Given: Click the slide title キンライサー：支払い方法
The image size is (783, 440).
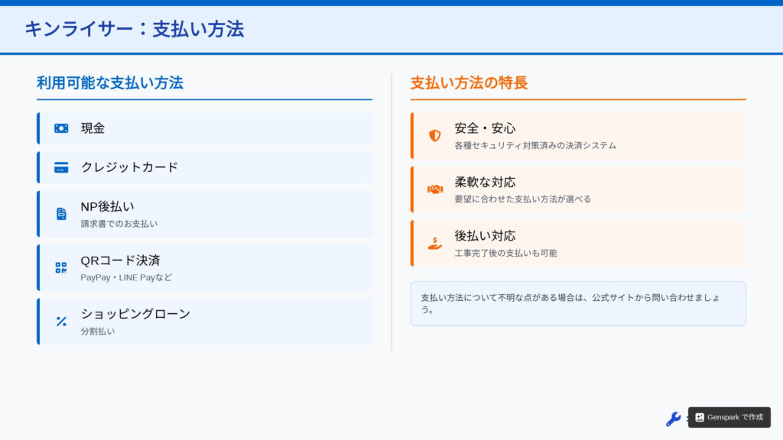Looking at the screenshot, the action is pyautogui.click(x=135, y=29).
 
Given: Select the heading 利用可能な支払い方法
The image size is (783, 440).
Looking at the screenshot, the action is pyautogui.click(x=110, y=82).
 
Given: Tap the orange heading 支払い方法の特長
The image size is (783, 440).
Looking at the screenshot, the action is pyautogui.click(x=469, y=82).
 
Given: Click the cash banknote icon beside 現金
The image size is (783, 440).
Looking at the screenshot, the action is pyautogui.click(x=61, y=128).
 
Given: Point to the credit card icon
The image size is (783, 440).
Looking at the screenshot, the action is pyautogui.click(x=61, y=167).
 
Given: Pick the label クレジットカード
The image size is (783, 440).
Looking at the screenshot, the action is pyautogui.click(x=129, y=167).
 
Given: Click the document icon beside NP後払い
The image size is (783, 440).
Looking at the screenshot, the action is pyautogui.click(x=61, y=214).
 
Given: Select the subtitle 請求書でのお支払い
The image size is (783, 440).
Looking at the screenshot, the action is pyautogui.click(x=119, y=224).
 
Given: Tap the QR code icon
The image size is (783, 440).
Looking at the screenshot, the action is pyautogui.click(x=61, y=267).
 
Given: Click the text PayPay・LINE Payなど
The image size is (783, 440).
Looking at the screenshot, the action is pyautogui.click(x=126, y=277).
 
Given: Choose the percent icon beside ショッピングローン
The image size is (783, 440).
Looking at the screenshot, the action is pyautogui.click(x=61, y=322).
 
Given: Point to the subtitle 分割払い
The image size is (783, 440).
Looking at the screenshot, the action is pyautogui.click(x=98, y=332).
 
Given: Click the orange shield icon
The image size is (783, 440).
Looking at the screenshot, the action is pyautogui.click(x=435, y=135).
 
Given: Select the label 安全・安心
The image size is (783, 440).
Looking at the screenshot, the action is pyautogui.click(x=485, y=128).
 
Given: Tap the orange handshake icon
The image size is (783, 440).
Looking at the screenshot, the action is pyautogui.click(x=435, y=189).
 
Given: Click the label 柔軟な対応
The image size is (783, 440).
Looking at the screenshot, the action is pyautogui.click(x=485, y=182).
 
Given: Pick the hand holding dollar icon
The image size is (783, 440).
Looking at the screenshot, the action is pyautogui.click(x=435, y=243).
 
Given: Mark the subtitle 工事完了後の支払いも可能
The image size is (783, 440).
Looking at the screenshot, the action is pyautogui.click(x=506, y=253).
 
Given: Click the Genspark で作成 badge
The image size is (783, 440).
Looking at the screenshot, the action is pyautogui.click(x=729, y=417).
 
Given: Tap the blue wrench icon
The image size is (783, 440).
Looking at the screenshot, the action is pyautogui.click(x=673, y=419).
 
